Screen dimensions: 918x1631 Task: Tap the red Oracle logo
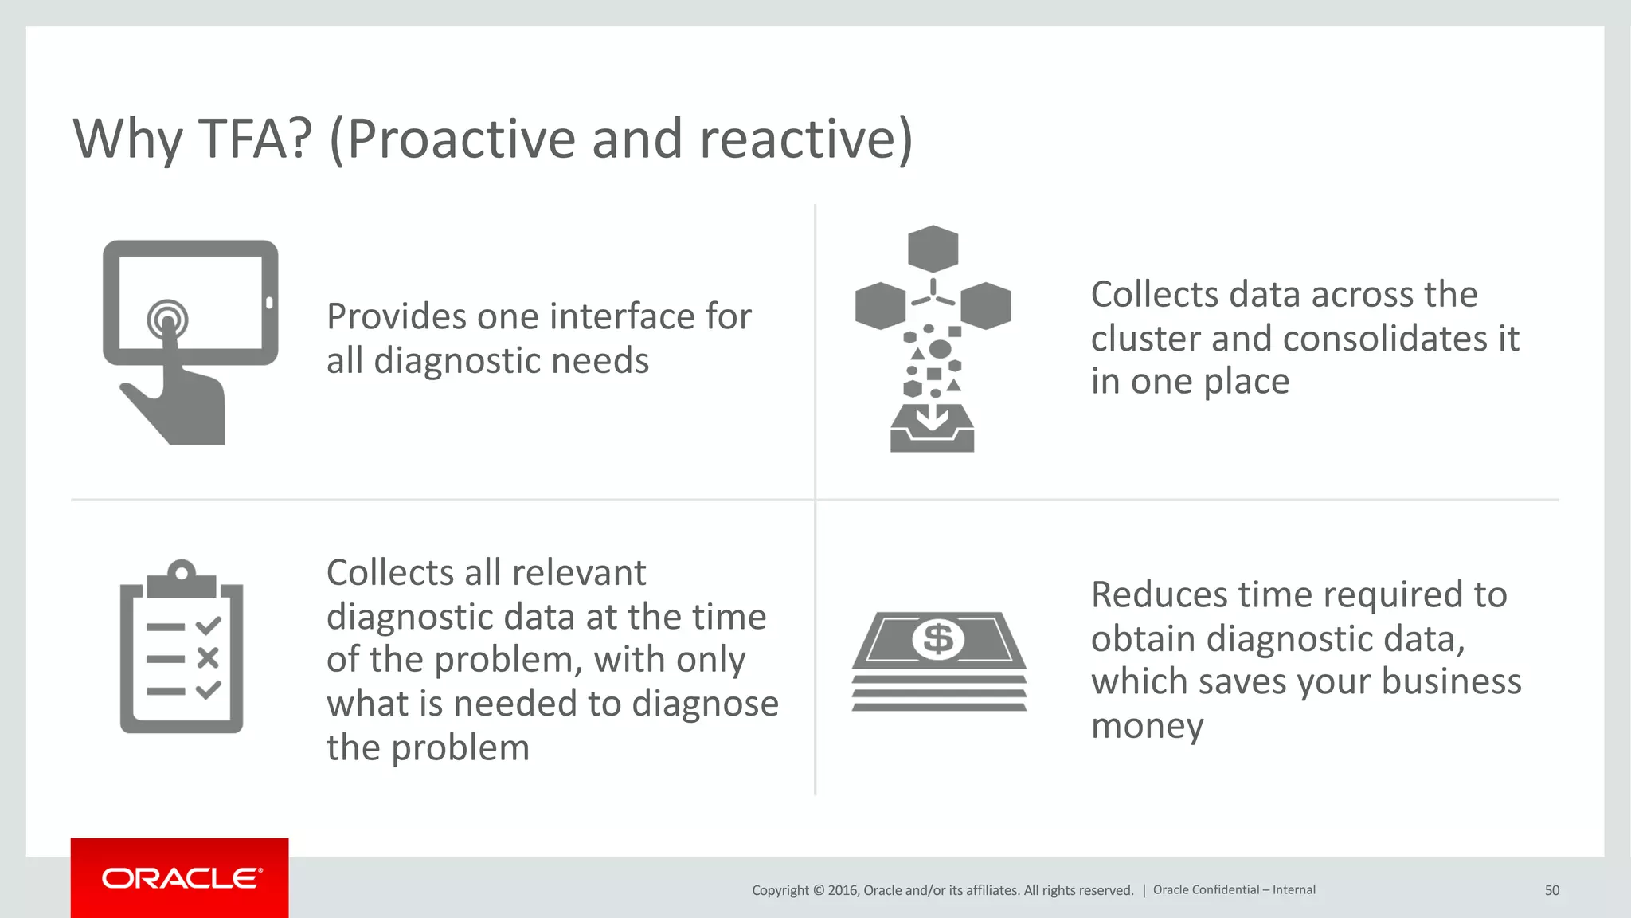click(180, 878)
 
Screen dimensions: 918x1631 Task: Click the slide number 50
click(1551, 890)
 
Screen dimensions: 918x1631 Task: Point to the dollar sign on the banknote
click(938, 639)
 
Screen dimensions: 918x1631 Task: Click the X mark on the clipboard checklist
click(208, 658)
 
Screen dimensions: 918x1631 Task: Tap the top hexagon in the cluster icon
click(933, 249)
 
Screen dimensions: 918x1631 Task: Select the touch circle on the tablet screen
click(167, 320)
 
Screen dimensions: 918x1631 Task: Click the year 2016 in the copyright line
click(842, 890)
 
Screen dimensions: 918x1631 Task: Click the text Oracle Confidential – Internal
click(1234, 890)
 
